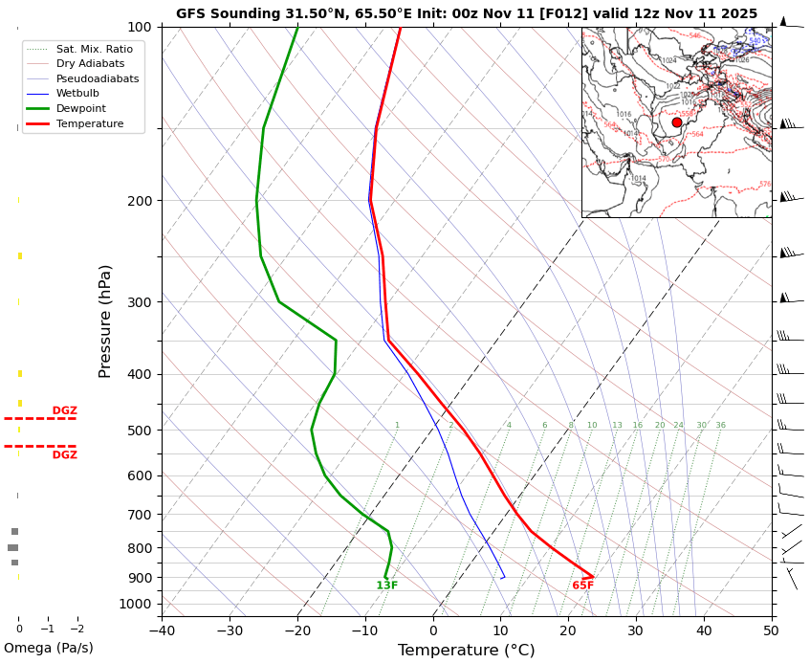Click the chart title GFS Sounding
pyautogui.click(x=466, y=13)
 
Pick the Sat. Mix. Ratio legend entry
pyautogui.click(x=94, y=49)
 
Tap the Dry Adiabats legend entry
pyautogui.click(x=90, y=63)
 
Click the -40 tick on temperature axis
pyautogui.click(x=162, y=630)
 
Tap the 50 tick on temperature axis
pyautogui.click(x=772, y=630)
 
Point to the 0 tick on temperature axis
pyautogui.click(x=433, y=630)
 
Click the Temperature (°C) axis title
pyautogui.click(x=466, y=651)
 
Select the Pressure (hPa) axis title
pyautogui.click(x=105, y=320)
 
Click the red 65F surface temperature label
pyautogui.click(x=583, y=586)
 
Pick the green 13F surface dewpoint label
pyautogui.click(x=387, y=586)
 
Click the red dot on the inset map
pyautogui.click(x=677, y=122)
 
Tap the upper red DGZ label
pyautogui.click(x=65, y=410)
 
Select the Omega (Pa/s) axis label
pyautogui.click(x=49, y=648)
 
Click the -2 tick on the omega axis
pyautogui.click(x=77, y=629)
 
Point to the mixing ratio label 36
pyautogui.click(x=720, y=426)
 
